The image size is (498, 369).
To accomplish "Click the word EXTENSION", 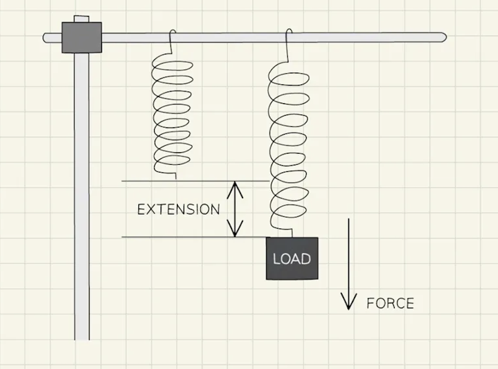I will [178, 209].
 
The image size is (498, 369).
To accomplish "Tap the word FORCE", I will [390, 303].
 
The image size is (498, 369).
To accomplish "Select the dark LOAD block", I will [292, 258].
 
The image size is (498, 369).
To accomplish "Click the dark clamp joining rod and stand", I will [82, 37].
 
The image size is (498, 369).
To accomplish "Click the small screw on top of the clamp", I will [81, 19].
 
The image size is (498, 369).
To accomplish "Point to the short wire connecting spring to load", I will [292, 233].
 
